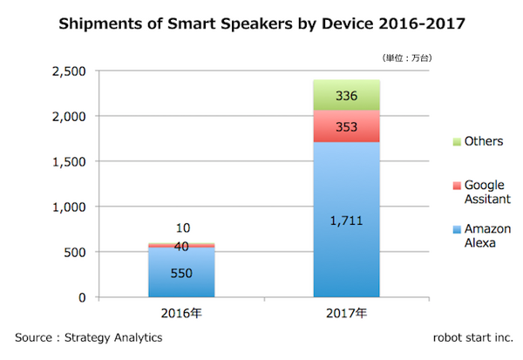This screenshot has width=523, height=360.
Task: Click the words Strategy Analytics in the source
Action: (x=114, y=336)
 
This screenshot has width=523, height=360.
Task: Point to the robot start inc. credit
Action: (x=472, y=336)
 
